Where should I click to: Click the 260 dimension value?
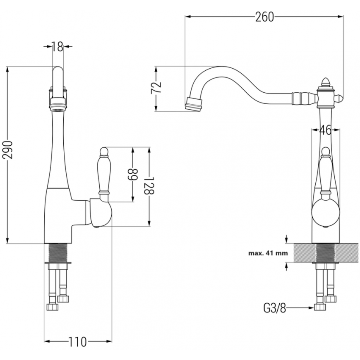pyautogui.click(x=264, y=17)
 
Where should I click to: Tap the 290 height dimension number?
pyautogui.click(x=7, y=150)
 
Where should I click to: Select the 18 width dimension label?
pyautogui.click(x=57, y=47)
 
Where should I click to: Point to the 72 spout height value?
pyautogui.click(x=156, y=87)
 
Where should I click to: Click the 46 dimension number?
pyautogui.click(x=325, y=130)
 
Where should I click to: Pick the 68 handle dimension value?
pyautogui.click(x=133, y=175)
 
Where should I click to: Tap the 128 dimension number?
pyautogui.click(x=149, y=185)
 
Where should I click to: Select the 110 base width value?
pyautogui.click(x=77, y=342)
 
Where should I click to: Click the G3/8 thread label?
pyautogui.click(x=275, y=308)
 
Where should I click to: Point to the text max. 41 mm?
pyautogui.click(x=268, y=253)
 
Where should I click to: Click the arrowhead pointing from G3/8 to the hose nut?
pyautogui.click(x=312, y=307)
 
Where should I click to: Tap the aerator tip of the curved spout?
pyautogui.click(x=194, y=105)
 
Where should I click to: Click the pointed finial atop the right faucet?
pyautogui.click(x=325, y=82)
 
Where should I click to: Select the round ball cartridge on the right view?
pyautogui.click(x=326, y=213)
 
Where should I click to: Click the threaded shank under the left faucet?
pyautogui.click(x=58, y=252)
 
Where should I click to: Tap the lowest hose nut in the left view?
pyautogui.click(x=53, y=307)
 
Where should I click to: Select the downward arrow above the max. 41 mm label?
pyautogui.click(x=286, y=239)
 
